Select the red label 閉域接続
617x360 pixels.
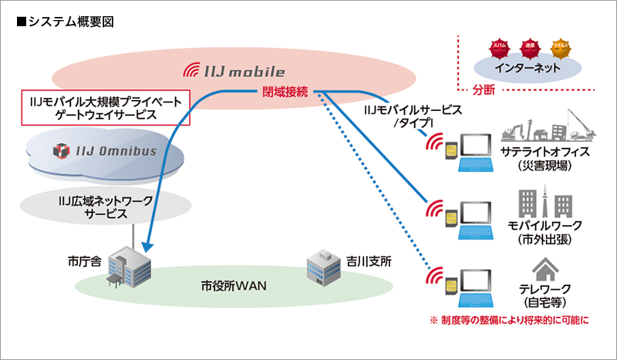285,93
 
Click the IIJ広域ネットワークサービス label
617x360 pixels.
106,207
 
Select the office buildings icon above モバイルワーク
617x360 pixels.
545,202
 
